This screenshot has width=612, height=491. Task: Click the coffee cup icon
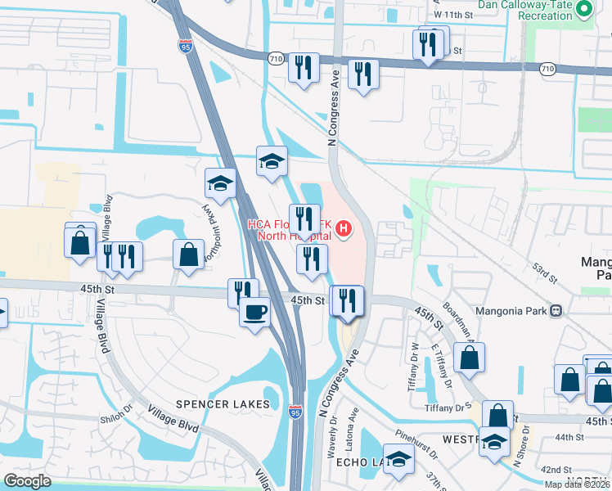[254, 311]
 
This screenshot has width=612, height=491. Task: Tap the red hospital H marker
[344, 228]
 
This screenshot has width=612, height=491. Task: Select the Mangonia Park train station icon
[556, 311]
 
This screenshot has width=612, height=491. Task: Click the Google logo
[28, 481]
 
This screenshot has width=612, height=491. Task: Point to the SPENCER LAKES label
[223, 404]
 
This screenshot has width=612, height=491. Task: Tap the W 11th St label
[455, 15]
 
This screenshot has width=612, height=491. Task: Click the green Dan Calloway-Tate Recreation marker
[583, 9]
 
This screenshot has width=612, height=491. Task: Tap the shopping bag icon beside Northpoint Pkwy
[188, 254]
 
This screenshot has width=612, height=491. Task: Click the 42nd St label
[556, 470]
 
